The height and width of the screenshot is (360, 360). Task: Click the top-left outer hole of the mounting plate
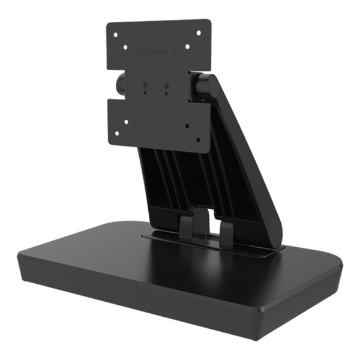[x=114, y=34]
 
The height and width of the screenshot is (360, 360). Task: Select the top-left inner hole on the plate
[x=125, y=46]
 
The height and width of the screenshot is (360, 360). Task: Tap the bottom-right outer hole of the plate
[x=200, y=137]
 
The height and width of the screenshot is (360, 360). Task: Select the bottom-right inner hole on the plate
[x=188, y=125]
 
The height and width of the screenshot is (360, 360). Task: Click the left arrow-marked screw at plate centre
[x=145, y=86]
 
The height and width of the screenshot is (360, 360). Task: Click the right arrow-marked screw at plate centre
[x=166, y=86]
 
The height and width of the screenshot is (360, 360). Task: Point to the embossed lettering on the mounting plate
[x=157, y=53]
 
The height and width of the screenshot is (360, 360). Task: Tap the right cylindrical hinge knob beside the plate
[x=200, y=85]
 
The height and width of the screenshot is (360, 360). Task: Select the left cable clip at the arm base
[x=186, y=227]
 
